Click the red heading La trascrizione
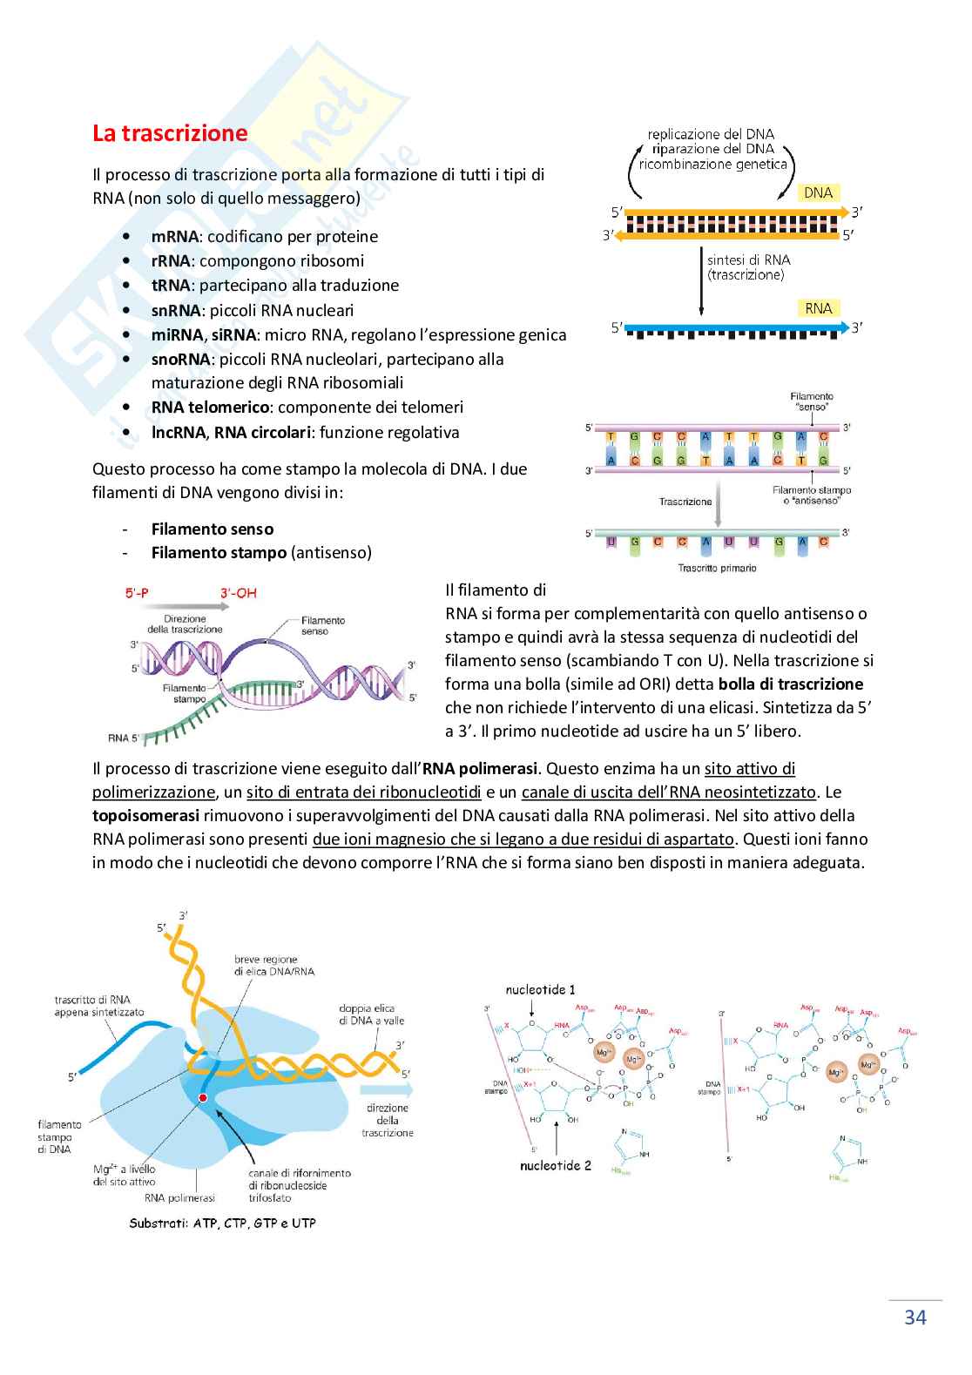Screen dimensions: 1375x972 [170, 134]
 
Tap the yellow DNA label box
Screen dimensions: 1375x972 [818, 192]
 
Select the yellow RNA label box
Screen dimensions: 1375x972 [818, 308]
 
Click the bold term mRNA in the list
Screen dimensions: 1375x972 [174, 237]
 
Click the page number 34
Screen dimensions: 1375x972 [915, 1317]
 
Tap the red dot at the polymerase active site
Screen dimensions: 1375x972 [203, 1099]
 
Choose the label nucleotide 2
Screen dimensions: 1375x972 [556, 1165]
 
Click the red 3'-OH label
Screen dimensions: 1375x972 [238, 593]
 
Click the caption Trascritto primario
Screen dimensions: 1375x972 [717, 568]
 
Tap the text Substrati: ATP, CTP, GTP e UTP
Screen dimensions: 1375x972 [222, 1223]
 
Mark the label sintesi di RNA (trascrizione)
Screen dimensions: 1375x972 [748, 266]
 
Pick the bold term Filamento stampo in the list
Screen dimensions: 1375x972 [219, 553]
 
